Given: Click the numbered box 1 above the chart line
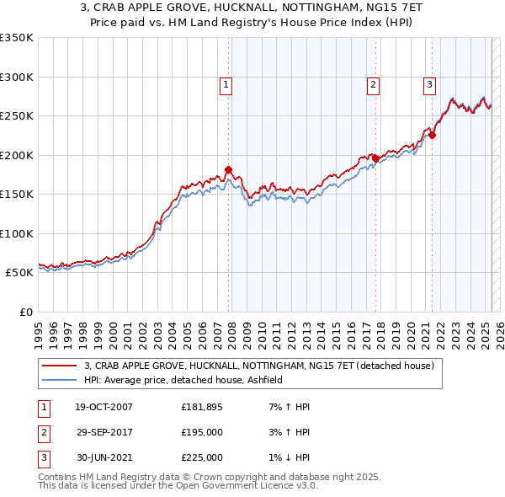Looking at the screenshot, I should [x=227, y=84].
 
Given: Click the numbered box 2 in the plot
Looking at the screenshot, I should [x=373, y=84].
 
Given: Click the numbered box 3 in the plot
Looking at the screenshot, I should [x=429, y=84].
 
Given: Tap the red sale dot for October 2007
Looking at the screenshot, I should [x=228, y=169].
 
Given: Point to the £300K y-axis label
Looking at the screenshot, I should [x=17, y=77].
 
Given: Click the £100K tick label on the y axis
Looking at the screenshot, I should [x=17, y=233].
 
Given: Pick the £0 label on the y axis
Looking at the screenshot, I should [x=24, y=312].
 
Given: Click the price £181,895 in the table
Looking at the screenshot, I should [x=202, y=407].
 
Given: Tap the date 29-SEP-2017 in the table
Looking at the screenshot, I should [x=104, y=432].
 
